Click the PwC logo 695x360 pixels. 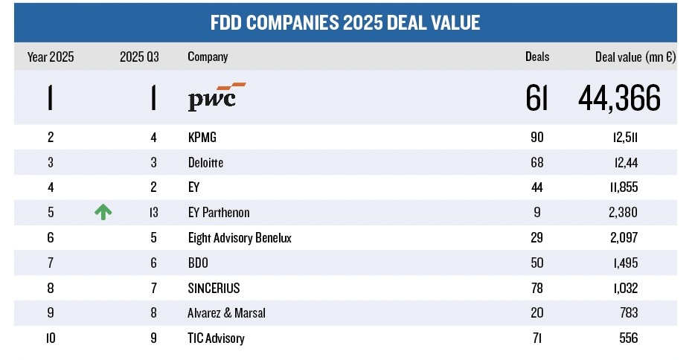(212, 97)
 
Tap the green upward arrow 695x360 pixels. (103, 212)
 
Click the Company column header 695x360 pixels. (208, 57)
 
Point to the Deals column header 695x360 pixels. (537, 57)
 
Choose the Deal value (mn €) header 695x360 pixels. (635, 57)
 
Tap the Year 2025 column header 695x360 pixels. (51, 57)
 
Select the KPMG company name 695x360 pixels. (203, 137)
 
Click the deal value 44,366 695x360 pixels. (619, 97)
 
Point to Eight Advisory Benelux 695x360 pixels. (239, 238)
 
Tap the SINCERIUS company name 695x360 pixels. (215, 289)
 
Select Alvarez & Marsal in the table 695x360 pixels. (227, 313)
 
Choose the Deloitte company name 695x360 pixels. (206, 162)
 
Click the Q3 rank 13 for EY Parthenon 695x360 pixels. (153, 213)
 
